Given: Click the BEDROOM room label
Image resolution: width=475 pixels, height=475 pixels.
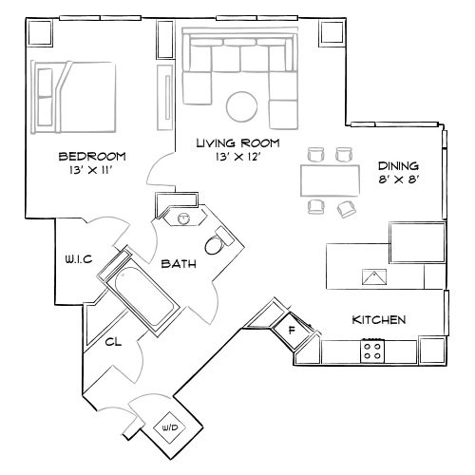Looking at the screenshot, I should coord(92,156).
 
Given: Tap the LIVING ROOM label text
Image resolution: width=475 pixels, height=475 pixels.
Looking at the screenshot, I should coord(237,142).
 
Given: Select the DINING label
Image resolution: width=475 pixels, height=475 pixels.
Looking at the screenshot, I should coord(396,163).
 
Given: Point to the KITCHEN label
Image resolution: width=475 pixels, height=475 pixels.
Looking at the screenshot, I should coord(380,319).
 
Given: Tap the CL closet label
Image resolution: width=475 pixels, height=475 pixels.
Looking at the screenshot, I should coord(112,341).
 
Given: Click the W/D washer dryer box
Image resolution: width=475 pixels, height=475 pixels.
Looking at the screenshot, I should coord(171,428).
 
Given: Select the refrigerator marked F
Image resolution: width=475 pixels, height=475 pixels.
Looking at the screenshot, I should coord(292,332).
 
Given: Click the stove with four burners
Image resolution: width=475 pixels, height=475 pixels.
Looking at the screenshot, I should coord(371,351).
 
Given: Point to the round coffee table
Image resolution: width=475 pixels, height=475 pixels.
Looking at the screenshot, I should coord(240,104).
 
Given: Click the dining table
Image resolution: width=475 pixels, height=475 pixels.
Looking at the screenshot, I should coord(329,178).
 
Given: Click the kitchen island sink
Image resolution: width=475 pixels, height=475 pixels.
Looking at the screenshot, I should coord(373,278).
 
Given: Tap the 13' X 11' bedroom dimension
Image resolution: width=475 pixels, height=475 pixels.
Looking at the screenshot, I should coord(92,171).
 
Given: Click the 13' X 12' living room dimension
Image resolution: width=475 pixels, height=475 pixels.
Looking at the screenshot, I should coord(237,157).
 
